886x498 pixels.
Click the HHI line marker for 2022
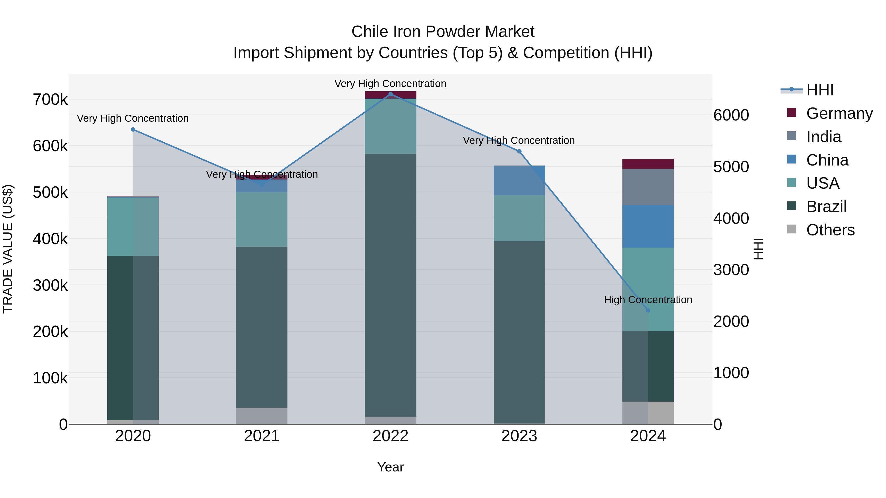coord(390,94)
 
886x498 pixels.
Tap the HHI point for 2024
coord(648,310)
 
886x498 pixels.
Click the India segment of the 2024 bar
coord(648,187)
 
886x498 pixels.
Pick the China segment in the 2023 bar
coord(519,181)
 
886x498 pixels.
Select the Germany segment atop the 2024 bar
coord(648,164)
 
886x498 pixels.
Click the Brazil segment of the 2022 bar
coord(390,285)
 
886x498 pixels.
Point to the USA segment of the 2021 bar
coord(262,219)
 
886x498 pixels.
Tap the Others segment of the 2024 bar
coord(648,412)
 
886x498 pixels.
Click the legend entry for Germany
coord(839,113)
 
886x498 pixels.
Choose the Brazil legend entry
coord(826,207)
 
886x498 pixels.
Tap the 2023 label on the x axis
coord(519,436)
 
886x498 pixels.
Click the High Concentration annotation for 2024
coord(648,300)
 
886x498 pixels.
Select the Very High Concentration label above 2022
coord(390,84)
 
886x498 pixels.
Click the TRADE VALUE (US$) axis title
coord(8,249)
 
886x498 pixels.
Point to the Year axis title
coord(390,467)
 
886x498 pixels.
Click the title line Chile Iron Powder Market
coord(443,32)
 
